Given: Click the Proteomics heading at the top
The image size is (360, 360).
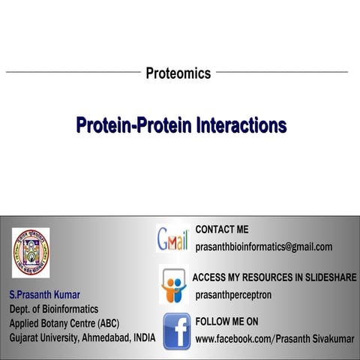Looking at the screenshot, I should click(x=178, y=73).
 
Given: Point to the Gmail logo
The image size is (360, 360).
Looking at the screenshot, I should click(x=172, y=238).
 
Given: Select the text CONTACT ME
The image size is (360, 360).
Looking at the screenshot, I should click(x=221, y=229).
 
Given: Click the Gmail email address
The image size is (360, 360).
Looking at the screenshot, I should click(x=263, y=247).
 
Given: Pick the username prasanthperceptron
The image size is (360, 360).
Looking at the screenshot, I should click(x=233, y=295).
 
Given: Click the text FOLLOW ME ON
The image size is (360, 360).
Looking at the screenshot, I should click(x=226, y=322).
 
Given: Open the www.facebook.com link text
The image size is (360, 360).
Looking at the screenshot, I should click(x=274, y=339).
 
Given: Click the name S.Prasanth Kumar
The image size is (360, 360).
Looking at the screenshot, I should click(x=44, y=294).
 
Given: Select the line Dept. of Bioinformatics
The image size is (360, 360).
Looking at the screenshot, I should click(x=53, y=309).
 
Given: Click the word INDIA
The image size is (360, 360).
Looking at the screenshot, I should click(x=142, y=337).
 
